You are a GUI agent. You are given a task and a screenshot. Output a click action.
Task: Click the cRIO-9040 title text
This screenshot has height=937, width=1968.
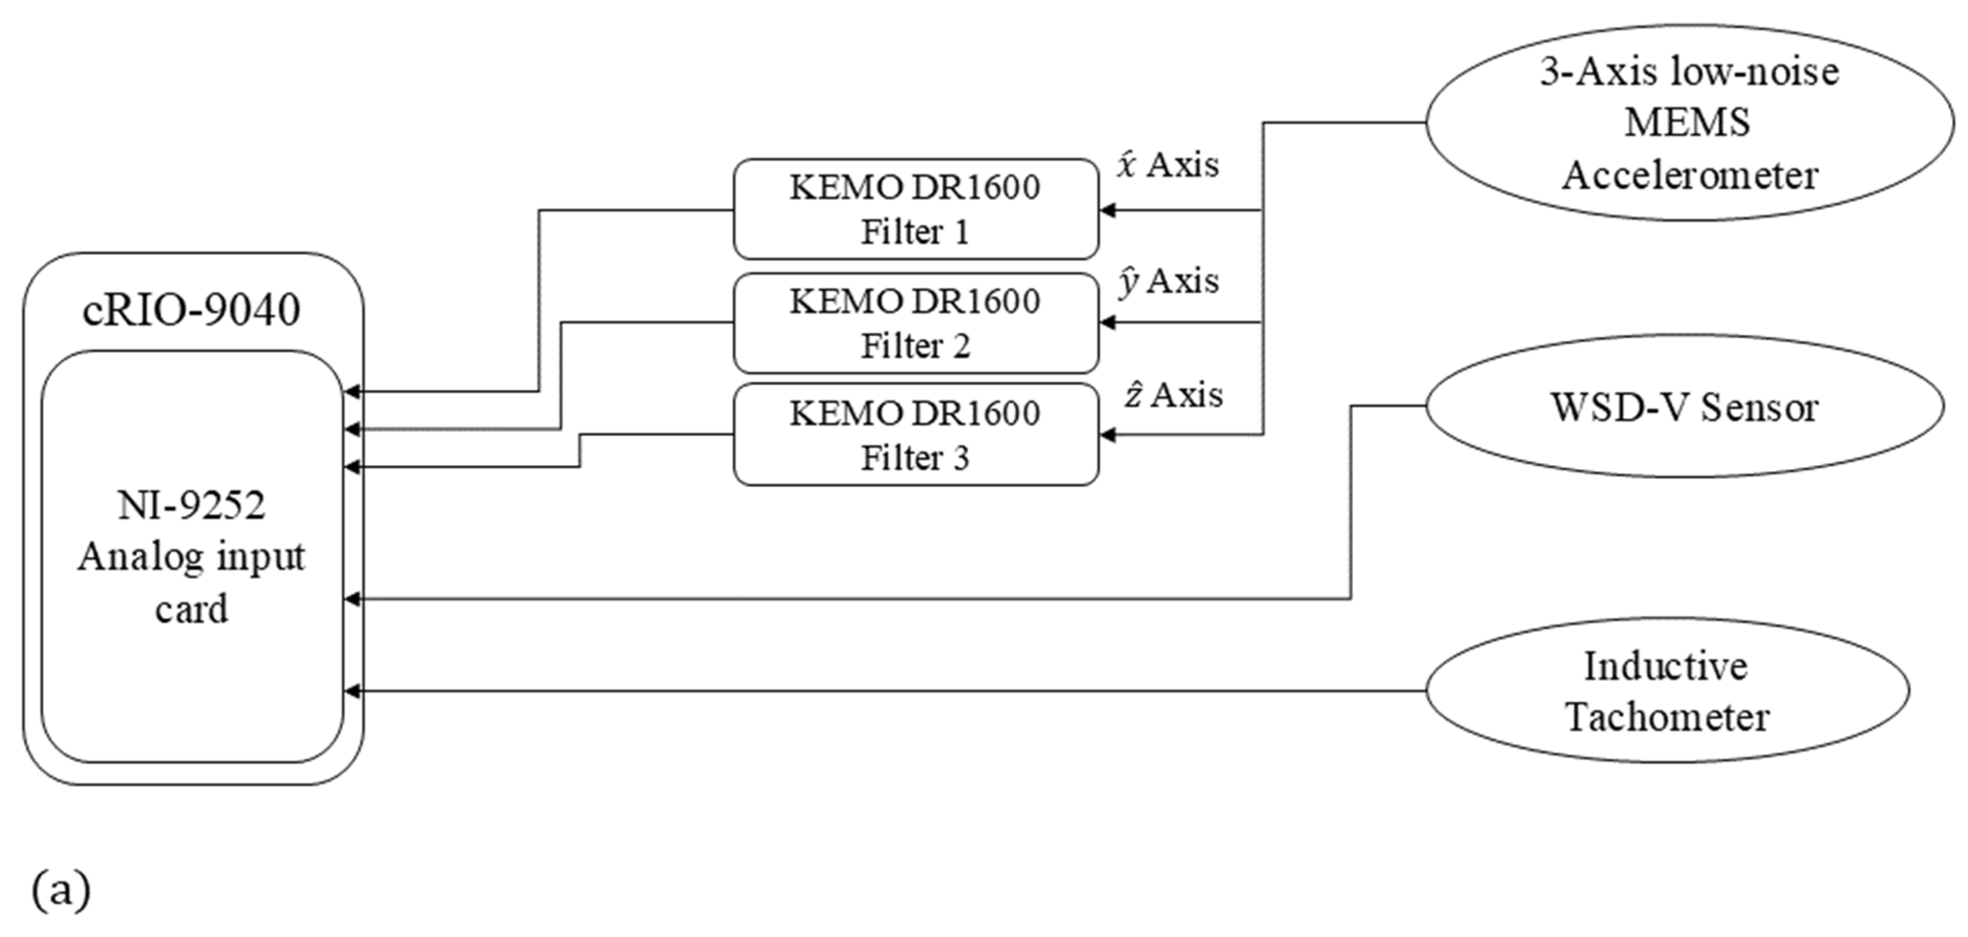tap(191, 310)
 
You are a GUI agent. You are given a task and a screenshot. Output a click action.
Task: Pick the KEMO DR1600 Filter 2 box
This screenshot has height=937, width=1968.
tap(915, 323)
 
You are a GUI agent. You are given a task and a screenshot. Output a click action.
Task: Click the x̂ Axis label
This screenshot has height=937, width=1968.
tap(1168, 165)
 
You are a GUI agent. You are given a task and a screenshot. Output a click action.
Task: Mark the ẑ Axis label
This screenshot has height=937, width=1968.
tap(1173, 395)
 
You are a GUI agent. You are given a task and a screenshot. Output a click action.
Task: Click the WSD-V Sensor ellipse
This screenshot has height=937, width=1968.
tap(1684, 407)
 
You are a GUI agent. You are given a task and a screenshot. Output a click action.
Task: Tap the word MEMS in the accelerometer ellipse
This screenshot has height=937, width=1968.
tap(1687, 122)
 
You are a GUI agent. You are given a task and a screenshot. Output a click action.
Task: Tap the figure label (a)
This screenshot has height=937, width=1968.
tap(61, 890)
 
